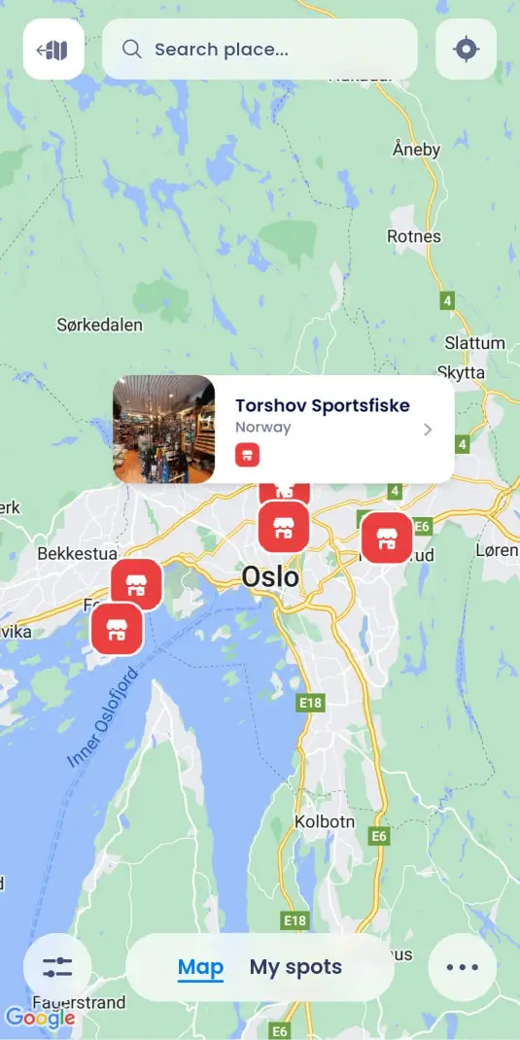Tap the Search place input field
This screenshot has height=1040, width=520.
[x=260, y=49]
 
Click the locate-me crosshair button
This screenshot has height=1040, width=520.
[x=467, y=49]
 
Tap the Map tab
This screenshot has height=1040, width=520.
[x=200, y=967]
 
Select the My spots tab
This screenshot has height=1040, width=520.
[x=295, y=967]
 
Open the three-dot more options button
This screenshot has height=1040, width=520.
[x=462, y=967]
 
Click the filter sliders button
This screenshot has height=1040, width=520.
[x=57, y=967]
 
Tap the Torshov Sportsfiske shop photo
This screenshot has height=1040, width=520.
[x=163, y=430]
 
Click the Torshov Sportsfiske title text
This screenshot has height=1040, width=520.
[x=322, y=405]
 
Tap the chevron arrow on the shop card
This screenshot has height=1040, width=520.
[x=428, y=430]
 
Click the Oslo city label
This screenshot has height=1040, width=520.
[x=270, y=577]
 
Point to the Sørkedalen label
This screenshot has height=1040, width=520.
[x=100, y=325]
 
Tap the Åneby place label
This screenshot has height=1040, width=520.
[x=416, y=150]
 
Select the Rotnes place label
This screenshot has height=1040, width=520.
[x=413, y=236]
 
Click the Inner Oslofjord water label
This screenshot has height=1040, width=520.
[x=104, y=718]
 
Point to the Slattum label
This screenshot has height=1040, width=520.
[x=474, y=343]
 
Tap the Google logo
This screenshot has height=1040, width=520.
[x=40, y=1018]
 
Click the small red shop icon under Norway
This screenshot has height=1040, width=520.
[x=247, y=455]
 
